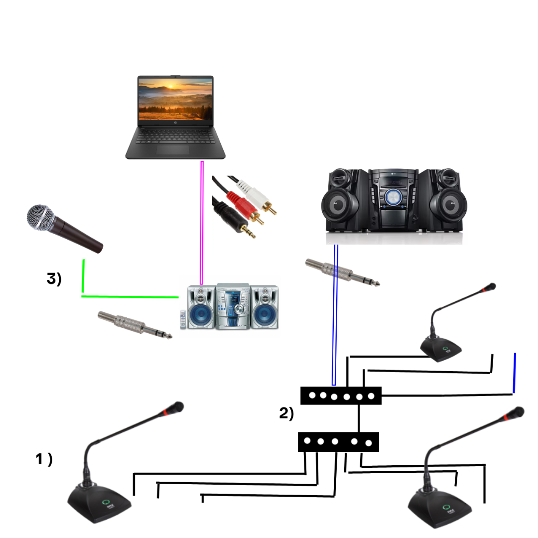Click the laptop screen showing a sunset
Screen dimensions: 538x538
(x=175, y=100)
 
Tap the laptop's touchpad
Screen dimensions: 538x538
(x=173, y=149)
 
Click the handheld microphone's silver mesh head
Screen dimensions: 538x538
(x=41, y=218)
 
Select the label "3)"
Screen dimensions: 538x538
(x=54, y=279)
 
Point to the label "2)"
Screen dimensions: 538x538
(x=286, y=413)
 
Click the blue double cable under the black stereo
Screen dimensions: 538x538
(x=335, y=314)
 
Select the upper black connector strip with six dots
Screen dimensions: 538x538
(x=341, y=396)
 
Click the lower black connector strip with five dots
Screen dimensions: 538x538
(x=338, y=441)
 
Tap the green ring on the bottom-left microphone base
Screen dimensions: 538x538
(x=105, y=503)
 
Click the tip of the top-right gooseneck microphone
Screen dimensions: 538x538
(x=491, y=287)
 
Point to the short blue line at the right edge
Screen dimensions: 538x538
(x=514, y=373)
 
